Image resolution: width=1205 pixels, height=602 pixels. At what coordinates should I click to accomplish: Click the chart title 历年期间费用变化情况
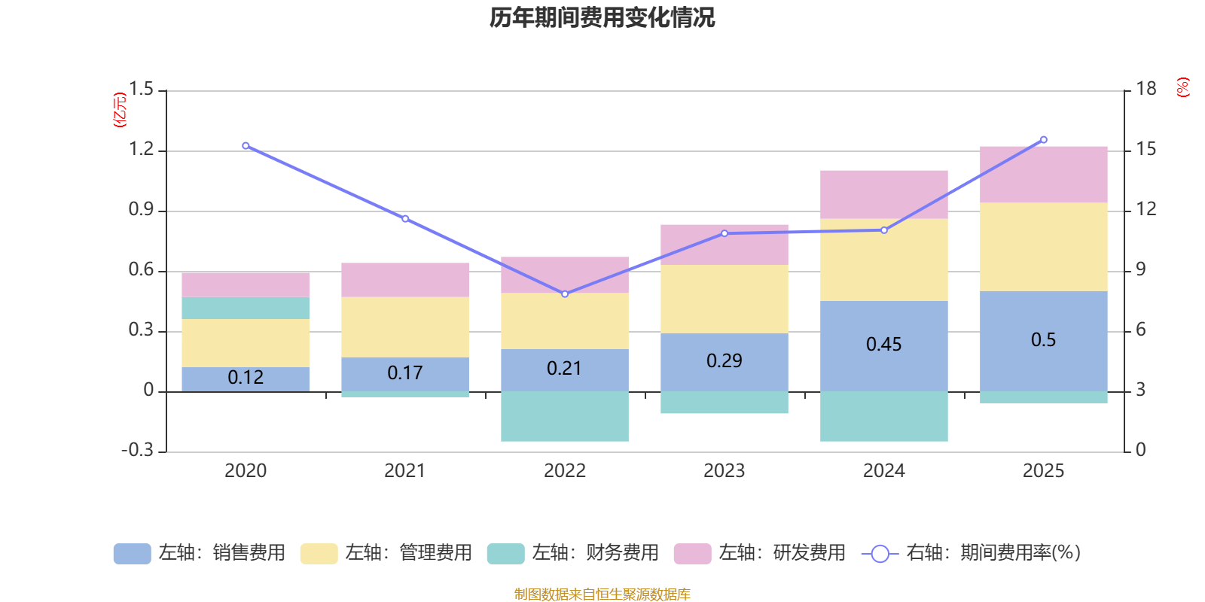click(x=602, y=17)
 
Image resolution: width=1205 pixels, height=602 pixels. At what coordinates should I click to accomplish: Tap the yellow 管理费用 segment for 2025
click(x=1043, y=246)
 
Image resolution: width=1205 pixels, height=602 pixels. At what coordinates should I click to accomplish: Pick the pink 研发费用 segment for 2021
click(x=404, y=280)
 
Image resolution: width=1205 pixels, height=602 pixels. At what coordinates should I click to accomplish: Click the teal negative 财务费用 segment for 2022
click(x=564, y=416)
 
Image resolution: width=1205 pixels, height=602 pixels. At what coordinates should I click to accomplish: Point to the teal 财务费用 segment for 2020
click(x=246, y=308)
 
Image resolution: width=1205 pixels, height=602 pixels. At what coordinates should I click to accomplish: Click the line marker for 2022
click(x=565, y=293)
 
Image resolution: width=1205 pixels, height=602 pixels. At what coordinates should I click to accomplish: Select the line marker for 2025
click(x=1043, y=140)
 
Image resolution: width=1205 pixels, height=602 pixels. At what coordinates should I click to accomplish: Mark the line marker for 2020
click(x=246, y=146)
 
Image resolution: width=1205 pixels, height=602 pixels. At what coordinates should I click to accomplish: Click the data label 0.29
click(x=724, y=361)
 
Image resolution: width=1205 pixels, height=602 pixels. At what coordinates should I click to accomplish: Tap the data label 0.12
click(x=246, y=378)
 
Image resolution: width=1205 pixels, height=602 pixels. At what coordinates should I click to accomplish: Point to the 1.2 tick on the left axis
click(x=141, y=150)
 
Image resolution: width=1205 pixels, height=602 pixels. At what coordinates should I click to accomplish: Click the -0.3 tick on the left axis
click(x=137, y=450)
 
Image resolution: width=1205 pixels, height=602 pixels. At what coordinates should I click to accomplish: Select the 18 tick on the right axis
click(x=1146, y=90)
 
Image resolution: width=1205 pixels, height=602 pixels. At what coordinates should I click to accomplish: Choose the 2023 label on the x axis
click(x=724, y=471)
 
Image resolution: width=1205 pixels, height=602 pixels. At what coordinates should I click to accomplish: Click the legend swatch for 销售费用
click(x=132, y=554)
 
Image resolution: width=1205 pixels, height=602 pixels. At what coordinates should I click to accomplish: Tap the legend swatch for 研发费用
click(x=692, y=554)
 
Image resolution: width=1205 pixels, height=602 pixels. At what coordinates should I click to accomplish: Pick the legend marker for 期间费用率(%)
click(x=879, y=554)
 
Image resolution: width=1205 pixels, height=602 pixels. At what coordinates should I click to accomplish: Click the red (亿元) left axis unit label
click(x=120, y=110)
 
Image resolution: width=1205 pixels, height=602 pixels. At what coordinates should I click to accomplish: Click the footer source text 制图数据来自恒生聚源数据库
click(x=602, y=594)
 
